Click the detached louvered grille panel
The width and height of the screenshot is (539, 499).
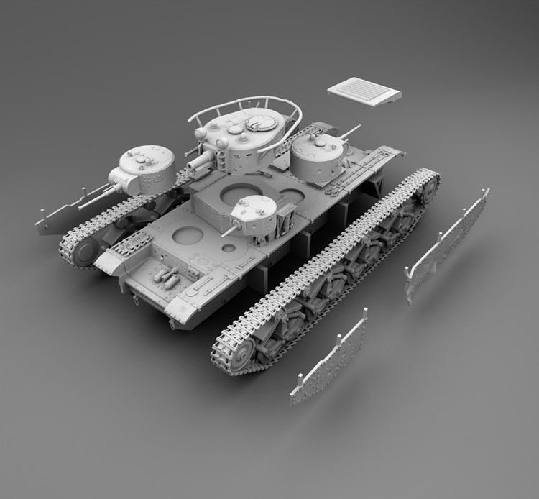tap(364, 92)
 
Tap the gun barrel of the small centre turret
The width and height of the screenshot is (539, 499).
tap(230, 231)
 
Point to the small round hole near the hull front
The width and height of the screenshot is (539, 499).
tap(229, 249)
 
